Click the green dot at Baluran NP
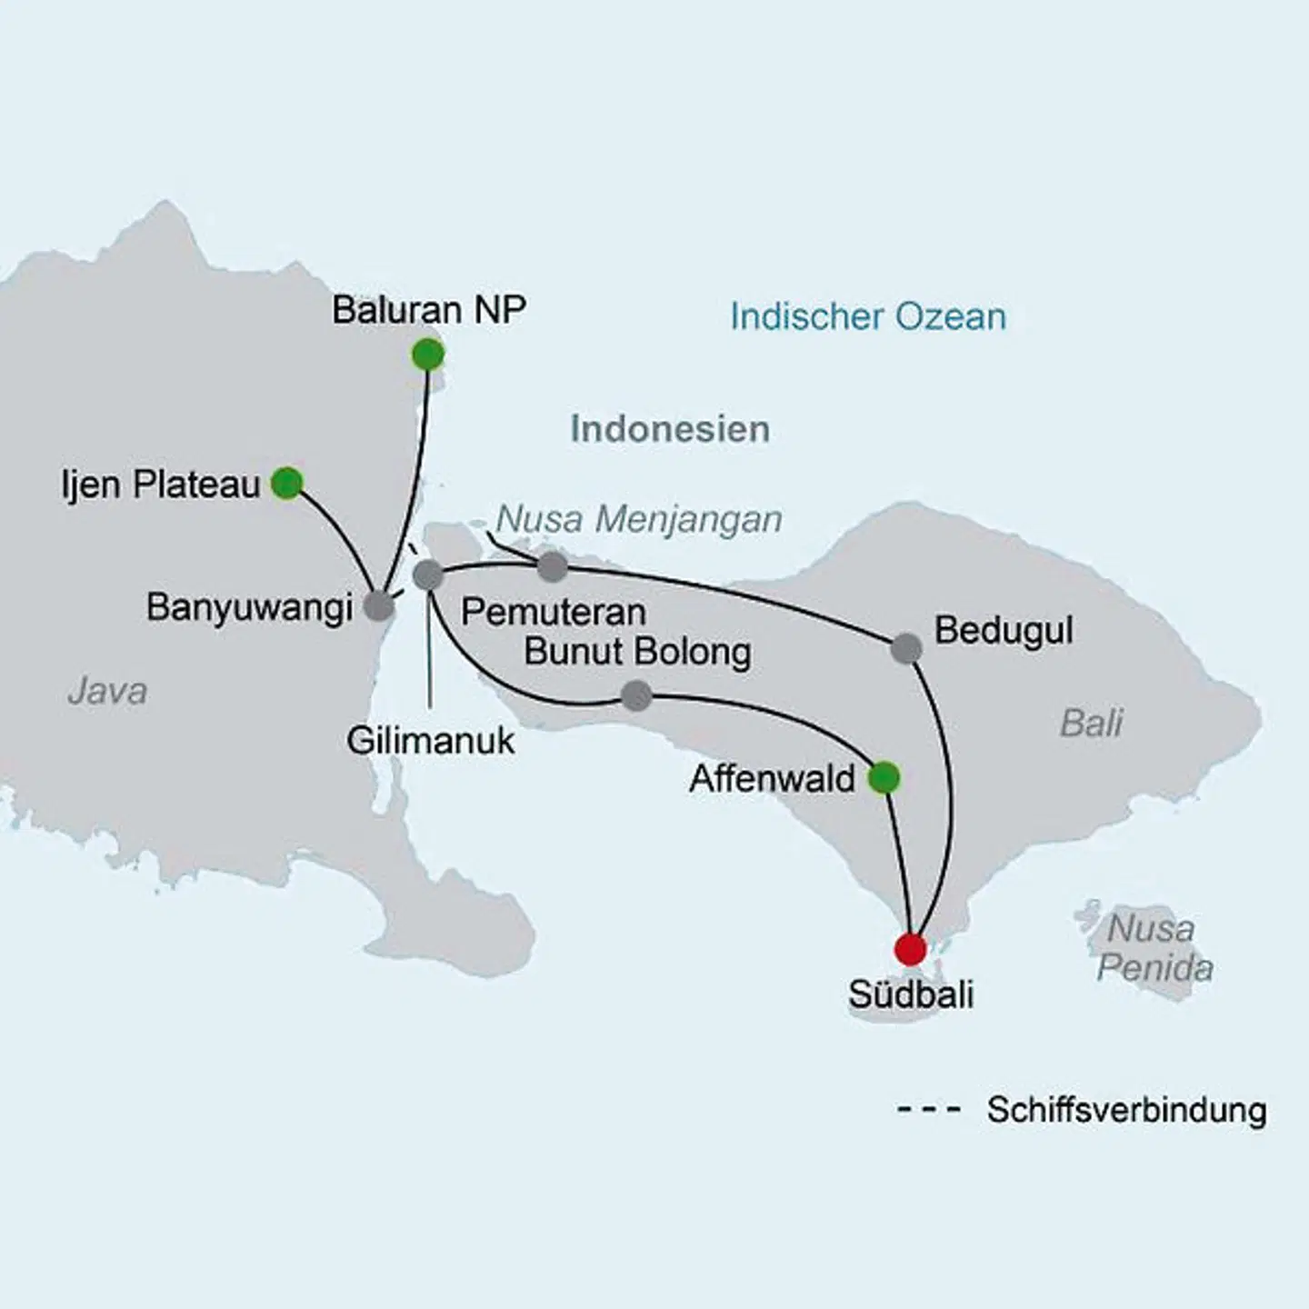[x=427, y=355]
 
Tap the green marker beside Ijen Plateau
[x=287, y=483]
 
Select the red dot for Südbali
[x=910, y=949]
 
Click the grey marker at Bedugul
[x=905, y=648]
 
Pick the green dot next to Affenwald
[x=884, y=778]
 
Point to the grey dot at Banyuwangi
[x=379, y=606]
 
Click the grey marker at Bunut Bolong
[x=636, y=696]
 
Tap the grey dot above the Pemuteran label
[x=553, y=567]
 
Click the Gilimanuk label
[x=430, y=741]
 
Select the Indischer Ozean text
[x=868, y=317]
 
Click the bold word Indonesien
[x=670, y=429]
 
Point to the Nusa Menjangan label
[x=639, y=520]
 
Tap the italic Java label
[x=106, y=692]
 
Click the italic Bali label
[x=1091, y=724]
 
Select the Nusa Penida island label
[x=1153, y=948]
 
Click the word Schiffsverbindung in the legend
[x=1126, y=1110]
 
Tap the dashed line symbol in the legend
[x=928, y=1110]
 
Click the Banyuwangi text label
[x=249, y=607]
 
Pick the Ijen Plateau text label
[x=161, y=485]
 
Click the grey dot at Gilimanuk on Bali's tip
[x=427, y=575]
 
